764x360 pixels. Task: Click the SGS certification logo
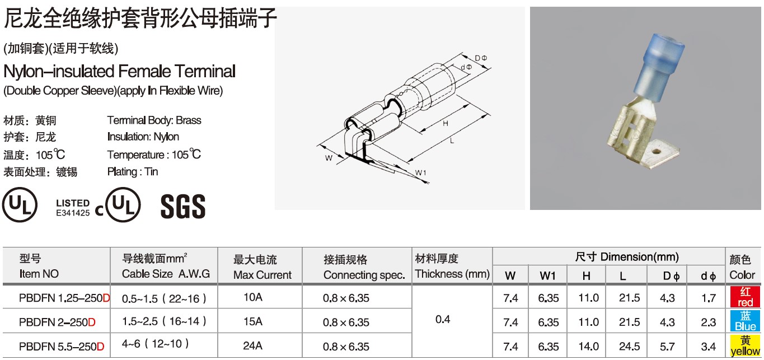coord(183,206)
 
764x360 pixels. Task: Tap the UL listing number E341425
coord(73,213)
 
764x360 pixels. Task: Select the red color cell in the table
coord(745,297)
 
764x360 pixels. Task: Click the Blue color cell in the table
coord(745,321)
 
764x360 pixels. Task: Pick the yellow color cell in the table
coord(745,345)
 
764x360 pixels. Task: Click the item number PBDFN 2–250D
coord(57,322)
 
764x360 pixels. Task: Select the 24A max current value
coord(253,345)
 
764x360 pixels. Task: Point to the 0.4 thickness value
coord(443,319)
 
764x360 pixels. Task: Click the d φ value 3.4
coord(709,347)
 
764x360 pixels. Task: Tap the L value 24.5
coord(630,347)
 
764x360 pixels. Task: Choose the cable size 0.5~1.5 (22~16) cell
coord(164,298)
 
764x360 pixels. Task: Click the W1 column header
coord(548,275)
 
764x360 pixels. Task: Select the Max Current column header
coord(263,267)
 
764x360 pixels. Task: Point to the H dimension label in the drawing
coord(446,124)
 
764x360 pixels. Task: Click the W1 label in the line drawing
coord(420,172)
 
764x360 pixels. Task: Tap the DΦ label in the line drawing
coord(481,58)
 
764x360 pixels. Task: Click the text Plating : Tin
coord(133,172)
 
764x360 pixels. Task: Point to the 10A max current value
coord(253,297)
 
